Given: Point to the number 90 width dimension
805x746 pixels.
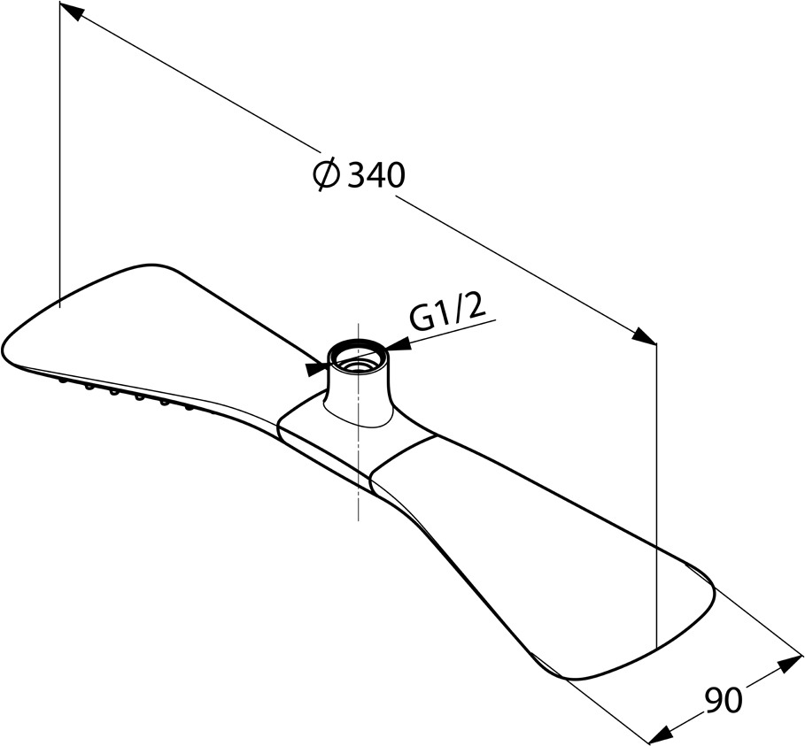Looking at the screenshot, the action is (723, 700).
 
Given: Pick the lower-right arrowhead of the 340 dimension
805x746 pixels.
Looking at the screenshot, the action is (645, 336).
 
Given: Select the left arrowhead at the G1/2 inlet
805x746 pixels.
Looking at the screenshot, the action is (316, 368).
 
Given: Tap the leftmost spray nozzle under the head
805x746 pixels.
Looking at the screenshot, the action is (63, 381).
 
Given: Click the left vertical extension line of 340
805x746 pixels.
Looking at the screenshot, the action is (60, 155).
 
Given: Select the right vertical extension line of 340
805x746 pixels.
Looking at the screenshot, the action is (656, 495).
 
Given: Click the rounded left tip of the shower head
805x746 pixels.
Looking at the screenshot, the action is (6, 349).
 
